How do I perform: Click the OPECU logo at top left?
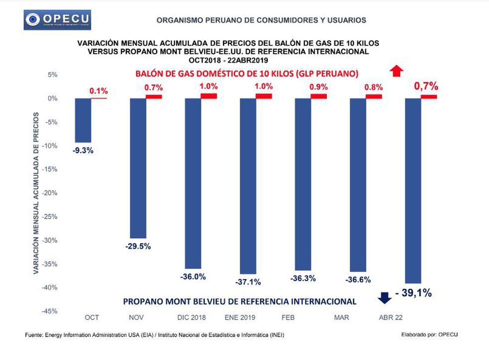58,20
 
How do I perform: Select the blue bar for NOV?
138,168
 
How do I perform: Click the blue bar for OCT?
83,120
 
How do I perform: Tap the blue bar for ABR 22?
413,190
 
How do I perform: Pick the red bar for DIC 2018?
209,96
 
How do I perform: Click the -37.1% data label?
248,282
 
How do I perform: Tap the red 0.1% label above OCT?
98,91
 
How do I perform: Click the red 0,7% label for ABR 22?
426,86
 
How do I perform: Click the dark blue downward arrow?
384,298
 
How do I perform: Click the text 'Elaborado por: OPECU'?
429,335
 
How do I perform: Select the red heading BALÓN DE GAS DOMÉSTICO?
247,74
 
